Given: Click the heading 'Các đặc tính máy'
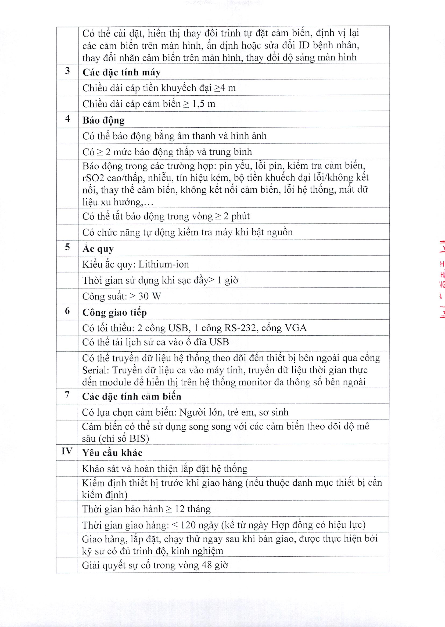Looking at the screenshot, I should (x=121, y=73).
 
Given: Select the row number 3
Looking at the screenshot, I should (x=67, y=71).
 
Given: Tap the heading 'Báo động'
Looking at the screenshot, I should (x=103, y=120).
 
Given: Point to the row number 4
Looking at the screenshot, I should (x=67, y=119).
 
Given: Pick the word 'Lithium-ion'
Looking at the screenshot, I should (x=164, y=264).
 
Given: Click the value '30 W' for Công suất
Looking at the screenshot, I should (x=150, y=296).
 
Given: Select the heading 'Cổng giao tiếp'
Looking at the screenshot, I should (x=114, y=312).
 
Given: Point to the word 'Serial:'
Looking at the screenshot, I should (x=96, y=370).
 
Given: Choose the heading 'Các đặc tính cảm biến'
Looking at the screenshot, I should (x=131, y=397).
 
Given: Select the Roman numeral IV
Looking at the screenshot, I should (x=67, y=451).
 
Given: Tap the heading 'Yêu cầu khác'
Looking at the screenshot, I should (x=112, y=453).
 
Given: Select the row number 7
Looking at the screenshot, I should (x=67, y=395).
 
